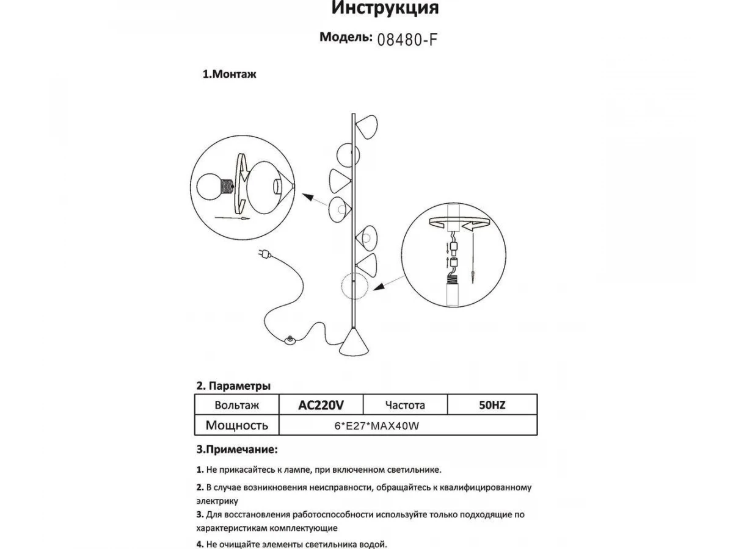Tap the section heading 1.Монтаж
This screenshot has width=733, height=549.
(230, 75)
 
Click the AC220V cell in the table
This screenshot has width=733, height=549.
(321, 405)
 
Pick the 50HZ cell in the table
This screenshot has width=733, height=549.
(492, 405)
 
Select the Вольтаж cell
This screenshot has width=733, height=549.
(237, 405)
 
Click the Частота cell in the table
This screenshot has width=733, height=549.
(405, 405)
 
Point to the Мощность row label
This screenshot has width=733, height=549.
(236, 425)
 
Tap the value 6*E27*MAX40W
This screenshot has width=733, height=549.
(376, 426)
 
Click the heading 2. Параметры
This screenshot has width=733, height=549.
(233, 386)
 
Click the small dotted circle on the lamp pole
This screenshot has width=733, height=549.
(352, 287)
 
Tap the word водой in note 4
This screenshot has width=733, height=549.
(372, 544)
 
